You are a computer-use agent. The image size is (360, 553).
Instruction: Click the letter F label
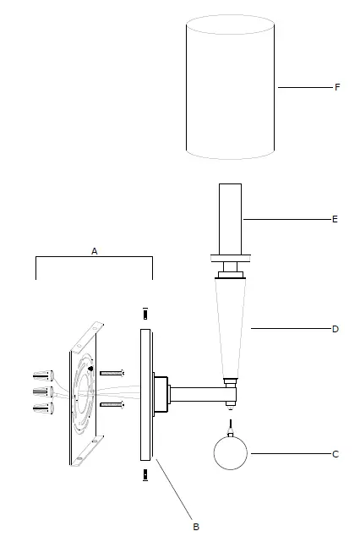[336, 87]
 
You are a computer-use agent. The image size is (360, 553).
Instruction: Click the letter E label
[335, 219]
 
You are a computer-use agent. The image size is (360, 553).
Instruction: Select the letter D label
[335, 329]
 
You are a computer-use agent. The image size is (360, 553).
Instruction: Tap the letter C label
[335, 454]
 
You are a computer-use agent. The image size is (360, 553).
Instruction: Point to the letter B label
[196, 527]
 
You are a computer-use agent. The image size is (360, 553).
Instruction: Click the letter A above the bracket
[95, 251]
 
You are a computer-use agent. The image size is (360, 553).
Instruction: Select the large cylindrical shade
[232, 89]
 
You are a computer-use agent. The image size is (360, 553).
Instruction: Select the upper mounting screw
[112, 372]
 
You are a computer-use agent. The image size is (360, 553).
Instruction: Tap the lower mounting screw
[112, 405]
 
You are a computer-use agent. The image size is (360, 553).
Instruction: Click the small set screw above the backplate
[145, 312]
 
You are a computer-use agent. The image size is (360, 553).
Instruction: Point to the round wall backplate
[145, 393]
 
